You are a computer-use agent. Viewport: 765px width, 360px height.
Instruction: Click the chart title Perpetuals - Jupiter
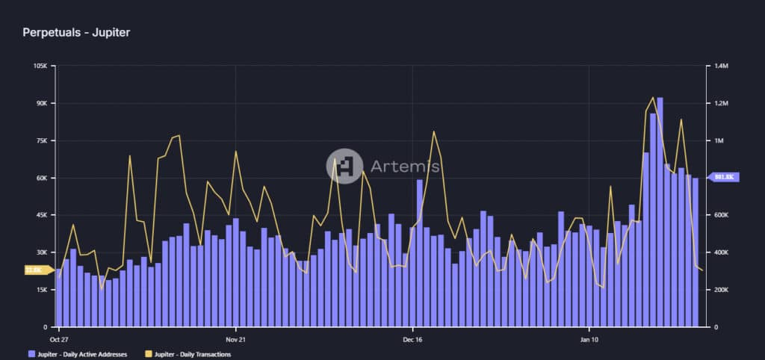tap(76, 33)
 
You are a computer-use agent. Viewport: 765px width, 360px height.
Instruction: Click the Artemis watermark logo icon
tap(344, 166)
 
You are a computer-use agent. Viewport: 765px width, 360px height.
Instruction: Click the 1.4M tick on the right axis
tap(721, 66)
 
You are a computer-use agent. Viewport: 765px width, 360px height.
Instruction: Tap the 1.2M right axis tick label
tap(721, 103)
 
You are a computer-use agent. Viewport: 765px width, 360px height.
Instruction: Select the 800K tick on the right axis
tap(722, 178)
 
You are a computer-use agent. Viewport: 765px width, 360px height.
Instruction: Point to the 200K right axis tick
tap(722, 290)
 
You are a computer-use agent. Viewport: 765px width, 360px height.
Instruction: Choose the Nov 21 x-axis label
tap(235, 338)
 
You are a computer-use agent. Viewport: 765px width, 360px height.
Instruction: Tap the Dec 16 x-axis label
tap(412, 338)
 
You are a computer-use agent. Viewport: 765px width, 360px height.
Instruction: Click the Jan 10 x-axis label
tap(589, 338)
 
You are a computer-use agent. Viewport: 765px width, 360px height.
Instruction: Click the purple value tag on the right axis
tap(724, 177)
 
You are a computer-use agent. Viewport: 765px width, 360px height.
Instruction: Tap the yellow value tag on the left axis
tap(35, 270)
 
